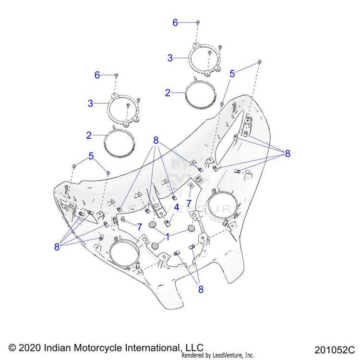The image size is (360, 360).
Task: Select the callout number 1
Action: click(168, 236)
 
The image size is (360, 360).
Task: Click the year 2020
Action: click(30, 348)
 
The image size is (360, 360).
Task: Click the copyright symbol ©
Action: click(13, 348)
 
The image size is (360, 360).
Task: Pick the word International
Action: click(149, 348)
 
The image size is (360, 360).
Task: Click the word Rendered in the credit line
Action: click(193, 356)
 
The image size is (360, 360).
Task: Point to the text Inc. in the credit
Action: click(249, 356)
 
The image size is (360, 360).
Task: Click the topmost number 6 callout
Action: click(175, 22)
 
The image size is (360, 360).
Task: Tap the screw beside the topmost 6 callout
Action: click(198, 22)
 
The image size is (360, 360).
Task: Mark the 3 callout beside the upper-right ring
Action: click(170, 58)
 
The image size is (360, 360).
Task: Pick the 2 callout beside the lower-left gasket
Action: click(89, 135)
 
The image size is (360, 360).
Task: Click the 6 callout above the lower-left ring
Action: click(97, 75)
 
